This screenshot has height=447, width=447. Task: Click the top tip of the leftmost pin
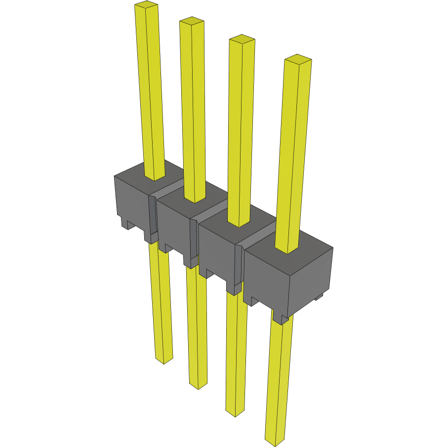coord(146,5)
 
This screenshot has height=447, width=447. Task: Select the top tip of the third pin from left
coord(242,39)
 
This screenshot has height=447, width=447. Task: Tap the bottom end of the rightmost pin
coord(276,439)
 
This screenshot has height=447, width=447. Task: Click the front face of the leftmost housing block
coord(131,203)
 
